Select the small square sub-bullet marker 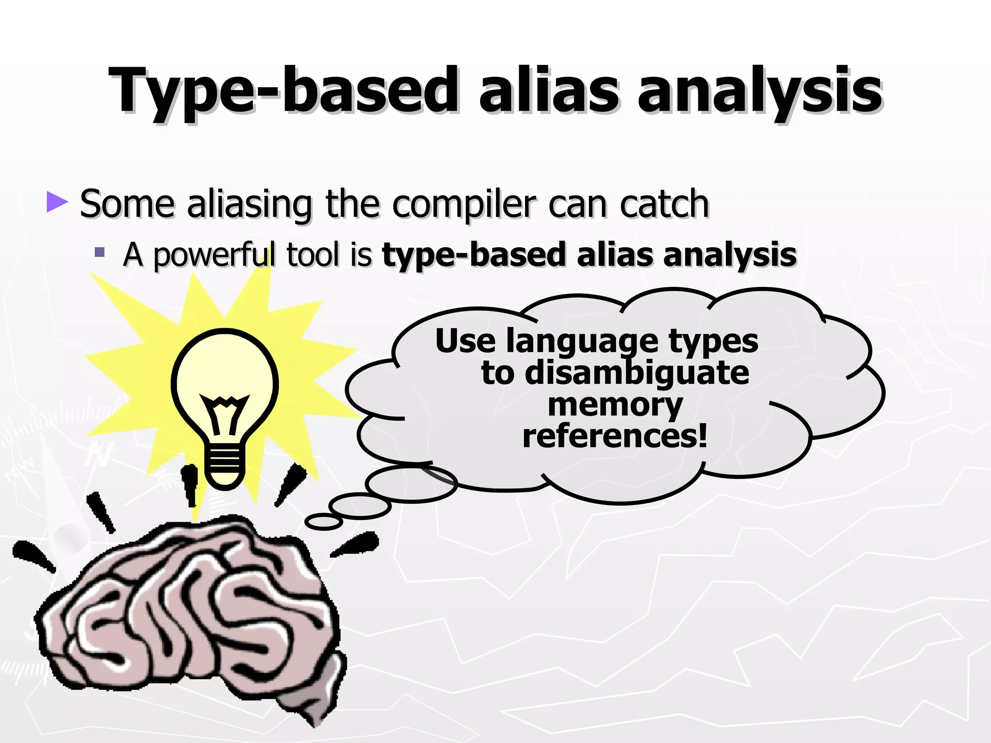pyautogui.click(x=100, y=252)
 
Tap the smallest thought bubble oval pyautogui.click(x=323, y=522)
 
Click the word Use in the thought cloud pyautogui.click(x=465, y=342)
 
